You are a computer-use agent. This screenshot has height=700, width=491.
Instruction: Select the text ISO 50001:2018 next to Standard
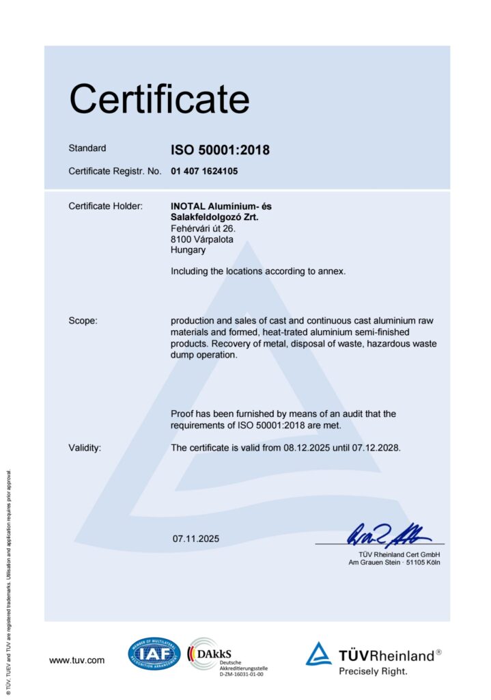click(x=220, y=150)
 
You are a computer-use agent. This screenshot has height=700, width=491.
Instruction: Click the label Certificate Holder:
click(x=105, y=206)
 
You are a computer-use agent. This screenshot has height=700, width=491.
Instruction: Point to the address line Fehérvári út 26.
click(x=203, y=228)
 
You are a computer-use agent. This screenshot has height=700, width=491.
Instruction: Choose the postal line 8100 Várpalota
click(x=202, y=239)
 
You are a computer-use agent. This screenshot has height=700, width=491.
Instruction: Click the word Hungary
click(x=188, y=250)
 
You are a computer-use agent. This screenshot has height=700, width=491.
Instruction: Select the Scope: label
click(x=83, y=321)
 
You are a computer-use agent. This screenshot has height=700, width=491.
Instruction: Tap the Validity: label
click(x=85, y=448)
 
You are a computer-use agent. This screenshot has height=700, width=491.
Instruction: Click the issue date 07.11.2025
click(x=196, y=539)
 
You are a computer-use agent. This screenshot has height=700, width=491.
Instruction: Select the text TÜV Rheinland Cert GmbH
click(x=399, y=554)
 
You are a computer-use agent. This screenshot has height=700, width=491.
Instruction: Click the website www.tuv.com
click(x=76, y=660)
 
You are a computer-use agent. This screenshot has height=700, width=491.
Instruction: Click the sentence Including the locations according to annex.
click(x=258, y=271)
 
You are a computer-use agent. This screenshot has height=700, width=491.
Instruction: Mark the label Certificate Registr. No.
click(x=115, y=171)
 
